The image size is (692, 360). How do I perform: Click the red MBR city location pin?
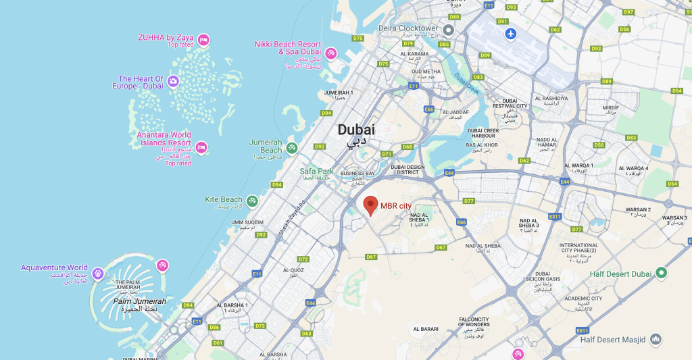point(370,205)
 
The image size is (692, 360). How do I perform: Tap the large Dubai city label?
point(356,130)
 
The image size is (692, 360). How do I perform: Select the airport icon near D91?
point(510,33)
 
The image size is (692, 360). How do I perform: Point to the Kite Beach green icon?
point(252,201)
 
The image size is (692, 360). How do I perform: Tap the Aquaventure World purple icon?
point(99,274)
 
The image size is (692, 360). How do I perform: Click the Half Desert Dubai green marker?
point(662,273)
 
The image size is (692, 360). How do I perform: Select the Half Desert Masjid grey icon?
point(655,339)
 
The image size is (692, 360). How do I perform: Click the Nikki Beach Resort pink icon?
point(331,53)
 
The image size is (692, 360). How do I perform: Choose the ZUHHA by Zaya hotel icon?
point(203,41)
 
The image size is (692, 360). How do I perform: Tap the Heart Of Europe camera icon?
point(173,82)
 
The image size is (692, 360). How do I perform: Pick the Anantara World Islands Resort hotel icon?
point(201,147)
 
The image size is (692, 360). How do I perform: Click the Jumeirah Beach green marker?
point(291,147)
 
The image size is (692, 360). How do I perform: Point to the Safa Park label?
point(316,171)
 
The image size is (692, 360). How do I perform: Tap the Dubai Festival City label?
point(510,106)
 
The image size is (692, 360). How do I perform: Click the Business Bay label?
point(357,174)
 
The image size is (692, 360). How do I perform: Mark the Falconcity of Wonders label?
point(474,323)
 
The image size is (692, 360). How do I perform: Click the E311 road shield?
point(555,216)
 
